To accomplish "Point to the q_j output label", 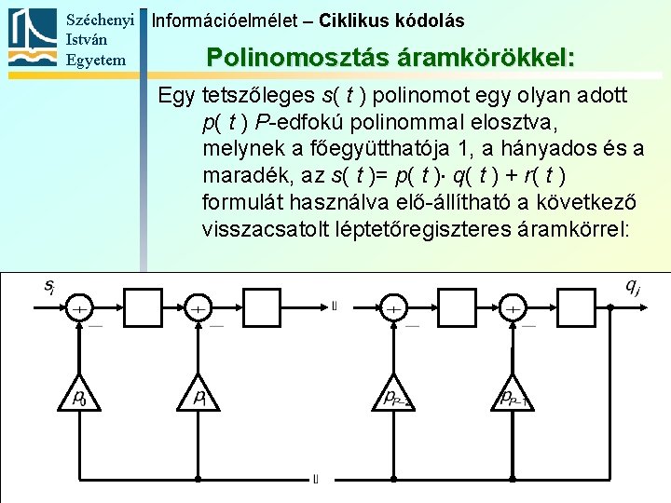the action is coord(632,286).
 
